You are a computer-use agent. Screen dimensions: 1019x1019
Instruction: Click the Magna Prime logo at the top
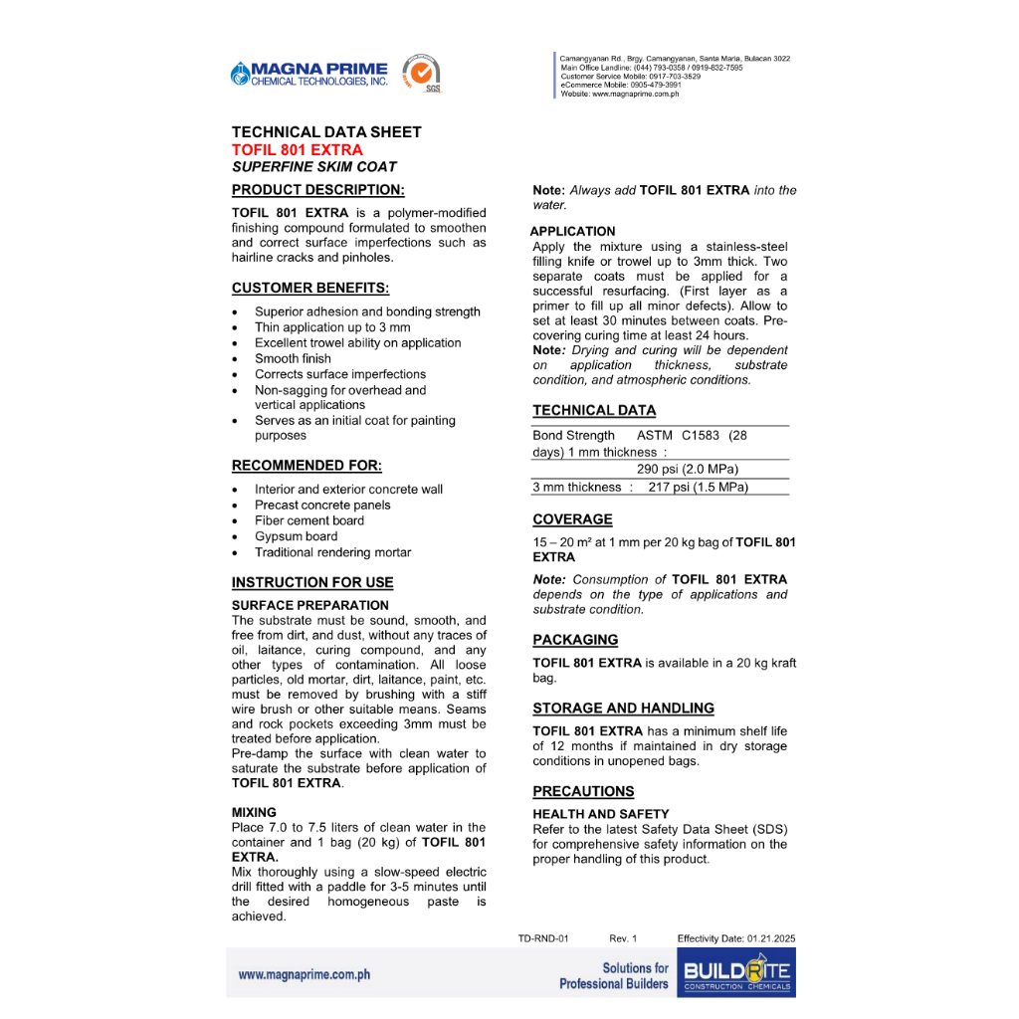tap(308, 74)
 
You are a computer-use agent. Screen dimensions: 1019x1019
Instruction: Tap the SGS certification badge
tap(421, 75)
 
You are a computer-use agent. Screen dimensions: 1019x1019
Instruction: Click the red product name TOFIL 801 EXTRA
tap(297, 150)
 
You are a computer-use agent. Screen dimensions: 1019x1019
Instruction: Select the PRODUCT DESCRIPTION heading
tap(317, 190)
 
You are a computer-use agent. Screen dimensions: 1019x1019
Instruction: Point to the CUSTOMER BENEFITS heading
tap(309, 289)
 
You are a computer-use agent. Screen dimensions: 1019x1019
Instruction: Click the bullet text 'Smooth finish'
tap(293, 358)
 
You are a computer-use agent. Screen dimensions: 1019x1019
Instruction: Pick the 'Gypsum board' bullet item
tap(296, 536)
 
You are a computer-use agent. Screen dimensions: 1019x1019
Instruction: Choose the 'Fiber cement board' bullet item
tap(308, 520)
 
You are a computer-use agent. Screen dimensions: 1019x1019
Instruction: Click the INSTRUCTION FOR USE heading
tap(312, 582)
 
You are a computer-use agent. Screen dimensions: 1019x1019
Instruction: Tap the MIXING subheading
tap(254, 812)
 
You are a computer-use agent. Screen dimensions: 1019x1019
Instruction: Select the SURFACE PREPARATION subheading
tap(309, 605)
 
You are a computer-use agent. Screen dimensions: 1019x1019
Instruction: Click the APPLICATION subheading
tap(573, 231)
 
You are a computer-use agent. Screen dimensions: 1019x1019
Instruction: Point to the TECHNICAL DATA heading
tap(594, 410)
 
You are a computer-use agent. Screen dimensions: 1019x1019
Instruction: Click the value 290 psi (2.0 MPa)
tap(688, 469)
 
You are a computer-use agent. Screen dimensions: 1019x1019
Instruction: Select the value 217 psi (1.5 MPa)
tap(698, 487)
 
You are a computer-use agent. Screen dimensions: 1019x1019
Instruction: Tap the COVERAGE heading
tap(572, 519)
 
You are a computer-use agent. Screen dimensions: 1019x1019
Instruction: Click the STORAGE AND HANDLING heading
tap(623, 709)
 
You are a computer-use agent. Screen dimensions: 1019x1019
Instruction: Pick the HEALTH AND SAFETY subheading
tap(600, 814)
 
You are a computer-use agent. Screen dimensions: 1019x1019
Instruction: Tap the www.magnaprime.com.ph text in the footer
tap(304, 974)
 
